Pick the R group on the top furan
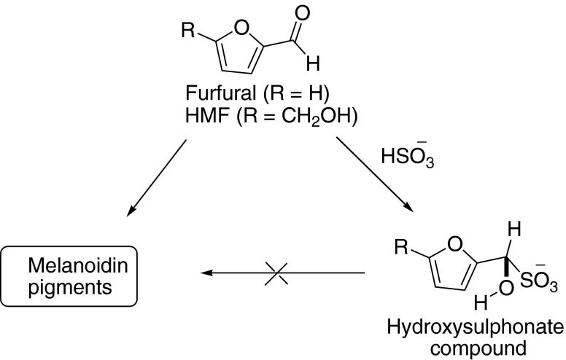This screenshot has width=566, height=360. tap(187, 31)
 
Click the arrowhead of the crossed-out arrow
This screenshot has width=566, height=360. tap(209, 273)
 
